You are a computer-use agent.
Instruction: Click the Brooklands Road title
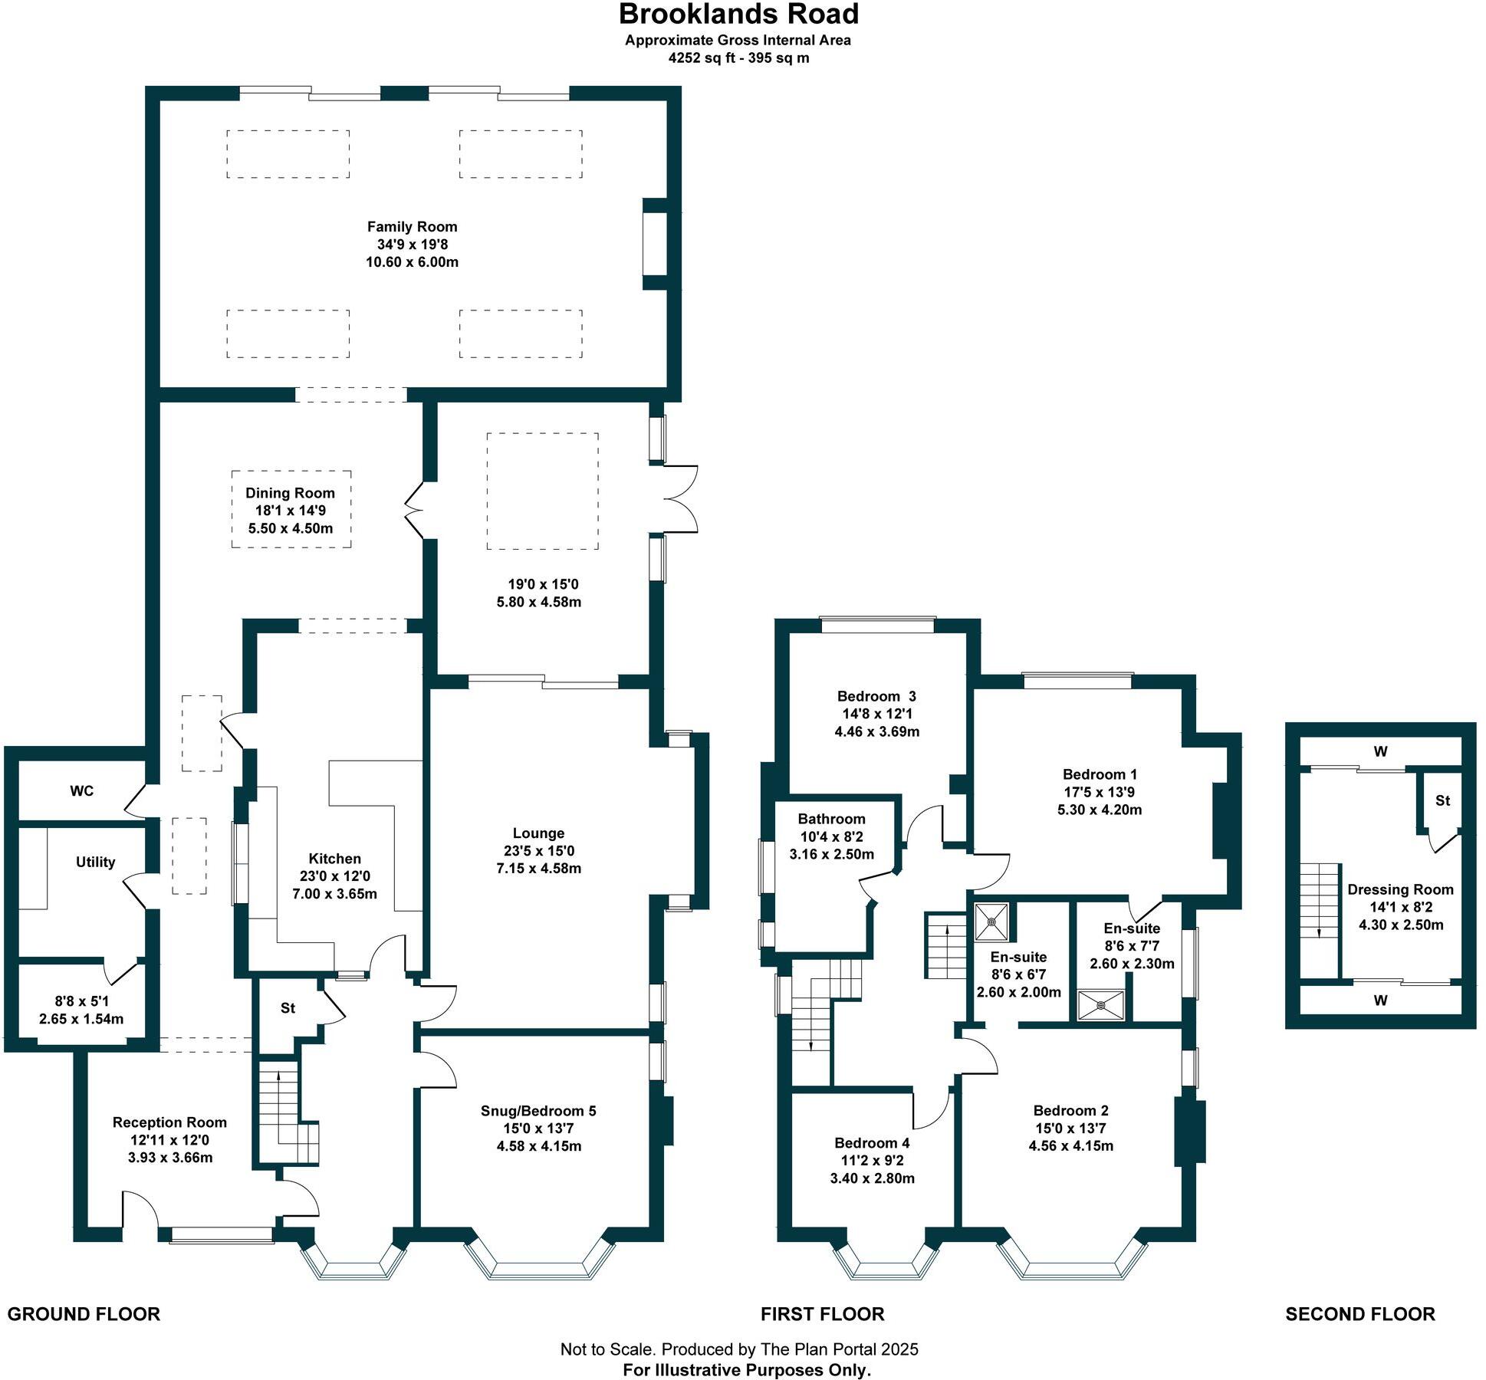point(738,15)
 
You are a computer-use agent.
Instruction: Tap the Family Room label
point(412,227)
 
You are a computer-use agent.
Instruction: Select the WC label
point(82,791)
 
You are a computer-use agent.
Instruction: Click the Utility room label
point(95,863)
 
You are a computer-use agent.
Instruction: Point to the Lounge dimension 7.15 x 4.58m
point(538,869)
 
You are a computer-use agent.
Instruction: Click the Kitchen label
point(334,859)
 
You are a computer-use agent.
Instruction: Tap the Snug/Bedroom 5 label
point(538,1111)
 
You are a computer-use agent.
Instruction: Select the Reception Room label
point(169,1122)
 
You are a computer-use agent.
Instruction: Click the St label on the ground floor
point(288,1008)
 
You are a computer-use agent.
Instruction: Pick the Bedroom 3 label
point(876,697)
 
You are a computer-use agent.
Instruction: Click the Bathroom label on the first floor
point(831,820)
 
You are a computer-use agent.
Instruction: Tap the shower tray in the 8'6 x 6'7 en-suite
point(991,922)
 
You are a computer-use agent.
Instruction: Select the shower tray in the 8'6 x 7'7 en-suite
point(1102,1006)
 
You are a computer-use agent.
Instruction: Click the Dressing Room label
point(1400,890)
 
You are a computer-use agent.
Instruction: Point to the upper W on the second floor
point(1380,752)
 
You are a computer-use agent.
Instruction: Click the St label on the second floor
point(1442,801)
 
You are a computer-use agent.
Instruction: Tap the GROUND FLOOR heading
point(84,1314)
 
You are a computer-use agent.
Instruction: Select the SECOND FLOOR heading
point(1360,1314)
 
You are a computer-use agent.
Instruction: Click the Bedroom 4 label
point(872,1143)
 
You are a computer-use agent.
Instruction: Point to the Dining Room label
point(290,494)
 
